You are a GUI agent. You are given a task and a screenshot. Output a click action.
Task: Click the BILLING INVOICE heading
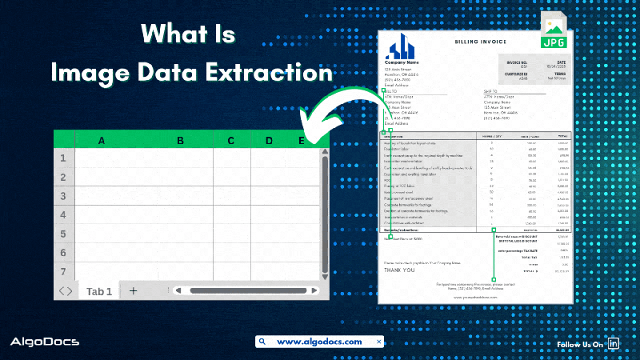(x=482, y=40)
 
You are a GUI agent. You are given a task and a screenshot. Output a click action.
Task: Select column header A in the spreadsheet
(x=102, y=141)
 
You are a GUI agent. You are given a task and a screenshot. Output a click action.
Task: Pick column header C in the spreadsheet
(x=230, y=141)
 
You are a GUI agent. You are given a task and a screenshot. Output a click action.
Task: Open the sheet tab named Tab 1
(x=99, y=291)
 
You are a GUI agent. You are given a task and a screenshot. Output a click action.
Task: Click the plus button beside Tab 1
(x=134, y=291)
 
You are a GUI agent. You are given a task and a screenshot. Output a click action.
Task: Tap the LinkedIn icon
(x=615, y=343)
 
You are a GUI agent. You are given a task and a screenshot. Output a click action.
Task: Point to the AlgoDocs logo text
(x=44, y=342)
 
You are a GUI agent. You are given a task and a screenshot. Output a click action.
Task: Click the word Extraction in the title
(x=268, y=72)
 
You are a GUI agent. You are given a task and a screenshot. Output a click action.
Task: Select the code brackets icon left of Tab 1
(x=66, y=291)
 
